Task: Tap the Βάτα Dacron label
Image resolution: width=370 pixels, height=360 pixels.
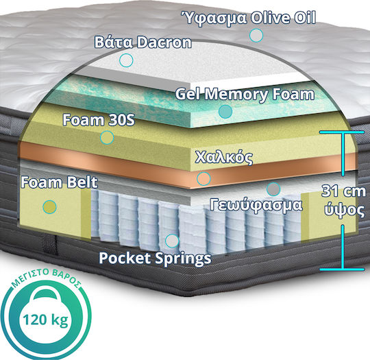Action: click(x=143, y=43)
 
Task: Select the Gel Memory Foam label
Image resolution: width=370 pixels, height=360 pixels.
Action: click(x=245, y=94)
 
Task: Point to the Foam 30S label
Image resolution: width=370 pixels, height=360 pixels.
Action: click(x=99, y=120)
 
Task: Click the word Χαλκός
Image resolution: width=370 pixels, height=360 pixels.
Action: click(x=223, y=157)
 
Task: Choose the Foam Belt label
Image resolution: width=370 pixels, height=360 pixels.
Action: click(x=59, y=182)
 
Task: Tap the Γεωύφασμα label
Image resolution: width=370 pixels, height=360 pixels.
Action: click(x=256, y=205)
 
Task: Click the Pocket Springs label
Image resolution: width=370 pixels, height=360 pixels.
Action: click(x=155, y=258)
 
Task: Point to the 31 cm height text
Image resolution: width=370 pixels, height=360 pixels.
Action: click(x=343, y=191)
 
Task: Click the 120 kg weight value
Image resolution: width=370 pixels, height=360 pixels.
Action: click(x=45, y=320)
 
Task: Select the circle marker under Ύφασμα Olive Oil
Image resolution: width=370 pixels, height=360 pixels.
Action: click(x=256, y=35)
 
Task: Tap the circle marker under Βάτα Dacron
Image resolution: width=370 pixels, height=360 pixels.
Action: click(x=126, y=60)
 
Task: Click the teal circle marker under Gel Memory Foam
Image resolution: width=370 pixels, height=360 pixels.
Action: click(x=225, y=112)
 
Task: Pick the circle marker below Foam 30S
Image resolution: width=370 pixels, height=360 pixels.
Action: click(x=107, y=137)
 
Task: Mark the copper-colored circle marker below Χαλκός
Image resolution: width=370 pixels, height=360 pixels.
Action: click(x=203, y=179)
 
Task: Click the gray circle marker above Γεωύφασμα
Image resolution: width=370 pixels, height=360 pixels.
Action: click(x=273, y=189)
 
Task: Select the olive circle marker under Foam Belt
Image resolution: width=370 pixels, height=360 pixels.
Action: click(x=49, y=207)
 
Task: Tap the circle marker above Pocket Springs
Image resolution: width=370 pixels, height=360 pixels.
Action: click(x=172, y=241)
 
